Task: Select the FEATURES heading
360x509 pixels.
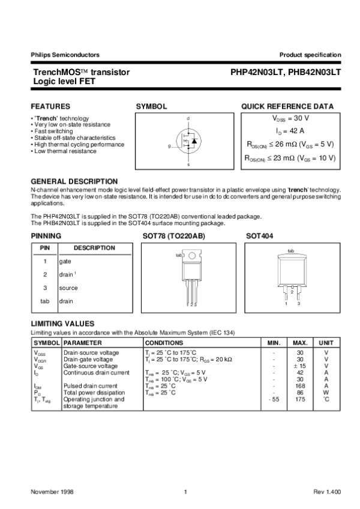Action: tap(50, 106)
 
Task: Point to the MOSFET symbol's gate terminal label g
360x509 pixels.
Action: tap(169, 146)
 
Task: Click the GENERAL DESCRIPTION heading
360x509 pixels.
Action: tap(74, 181)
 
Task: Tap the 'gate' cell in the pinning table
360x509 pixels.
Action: tap(65, 262)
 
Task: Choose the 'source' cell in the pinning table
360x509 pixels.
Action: tap(68, 288)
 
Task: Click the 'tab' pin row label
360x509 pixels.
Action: tap(44, 301)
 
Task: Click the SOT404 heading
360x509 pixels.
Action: tap(260, 236)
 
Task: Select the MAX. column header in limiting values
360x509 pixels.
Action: tap(300, 342)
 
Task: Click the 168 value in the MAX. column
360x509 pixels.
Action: tap(300, 386)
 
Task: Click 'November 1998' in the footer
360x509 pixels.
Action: tap(53, 492)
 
